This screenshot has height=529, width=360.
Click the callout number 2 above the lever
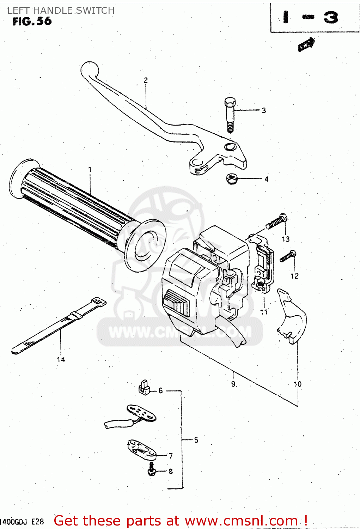[146, 80]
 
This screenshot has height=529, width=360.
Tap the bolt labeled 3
[230, 114]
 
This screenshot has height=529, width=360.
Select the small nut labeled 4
[231, 179]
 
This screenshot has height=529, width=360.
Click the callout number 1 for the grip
[90, 170]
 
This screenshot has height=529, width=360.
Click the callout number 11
[264, 312]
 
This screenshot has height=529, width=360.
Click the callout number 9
[233, 384]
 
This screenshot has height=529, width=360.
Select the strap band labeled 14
[58, 323]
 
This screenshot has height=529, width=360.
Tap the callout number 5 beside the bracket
[196, 440]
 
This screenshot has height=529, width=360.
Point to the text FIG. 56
[32, 22]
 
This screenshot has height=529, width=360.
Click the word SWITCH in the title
[95, 11]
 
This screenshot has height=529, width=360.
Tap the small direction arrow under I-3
[306, 44]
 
